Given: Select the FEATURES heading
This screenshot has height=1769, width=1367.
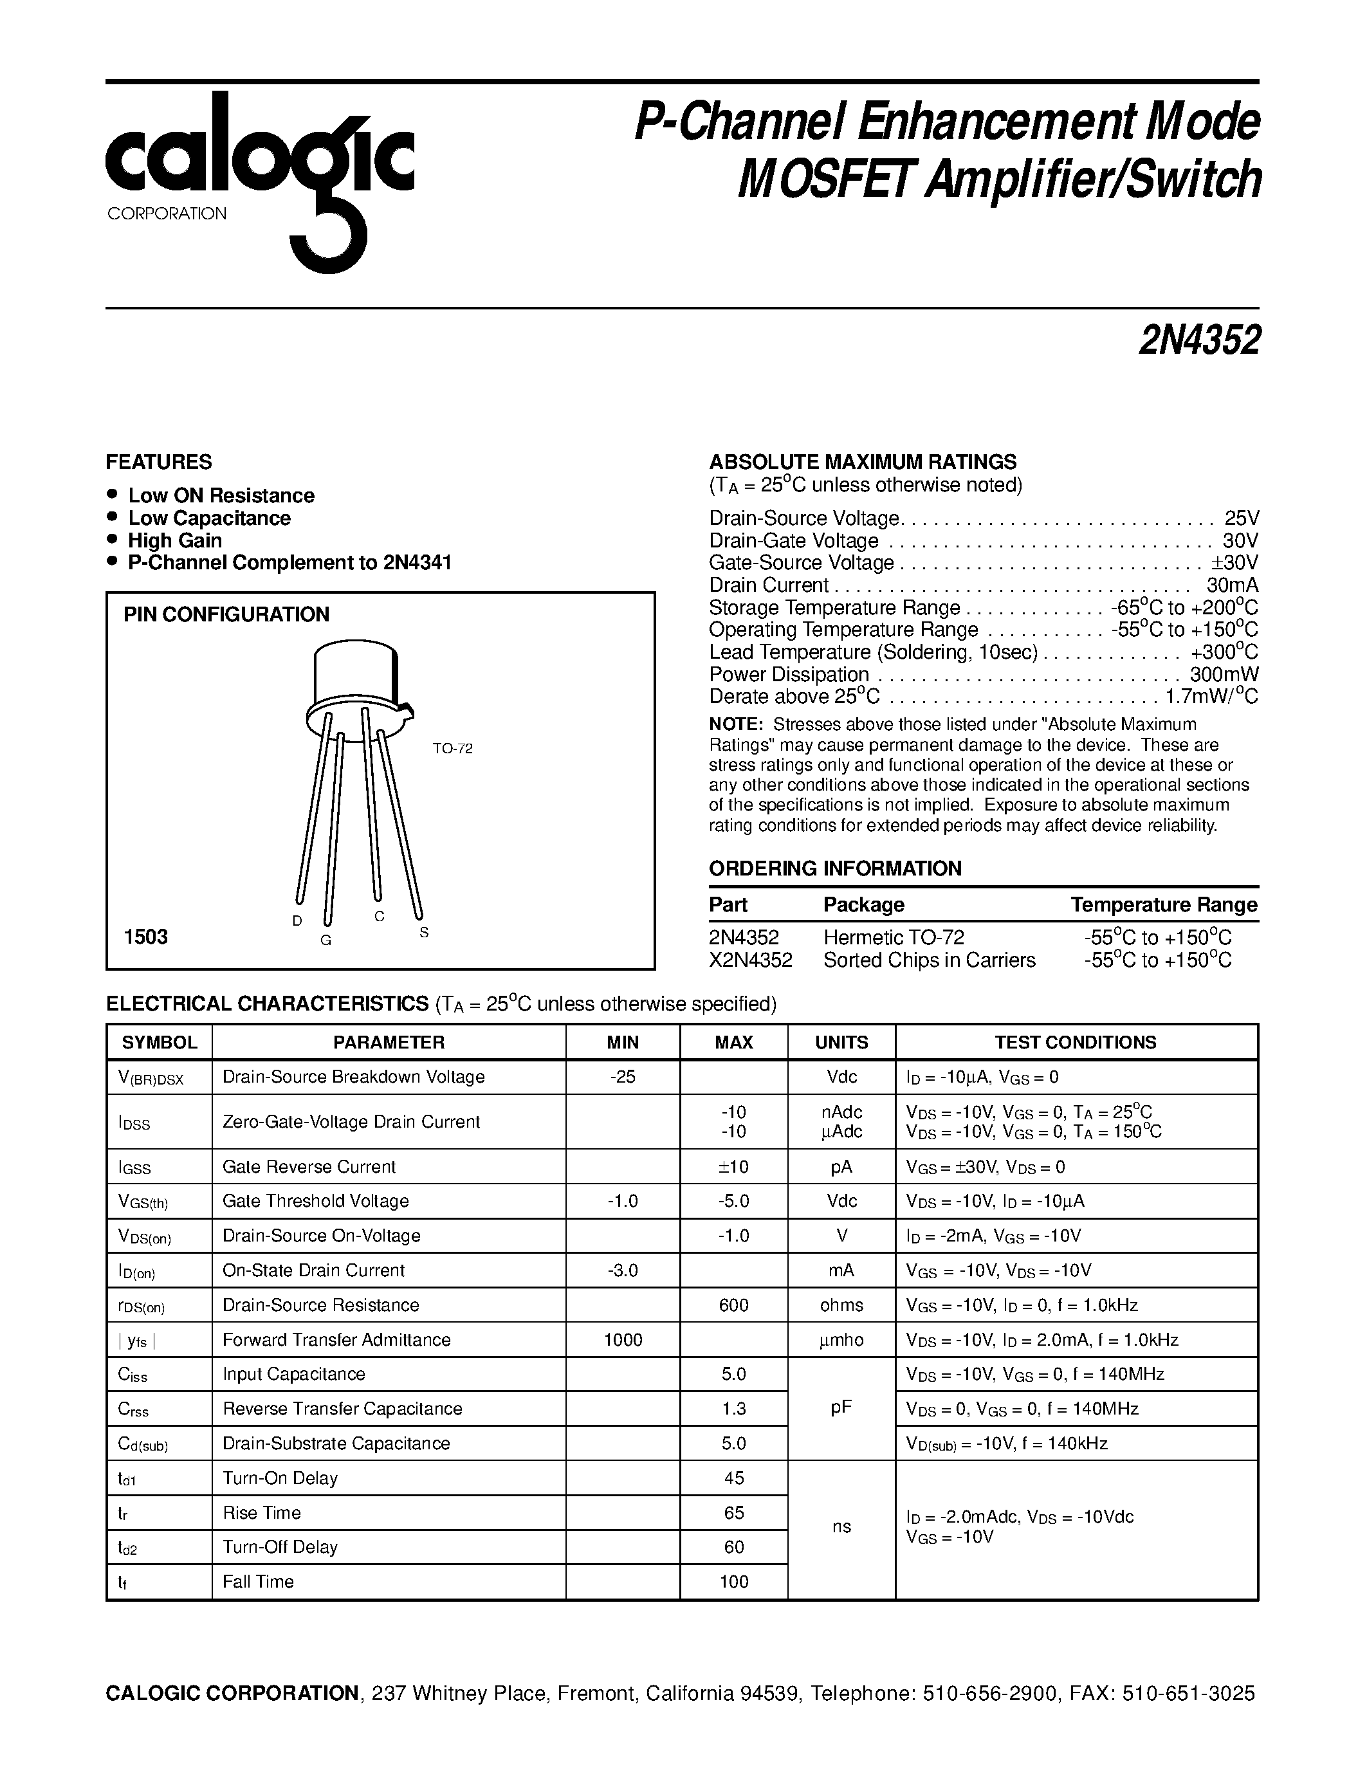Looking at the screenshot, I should tap(159, 462).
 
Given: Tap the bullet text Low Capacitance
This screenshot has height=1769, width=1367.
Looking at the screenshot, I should tap(209, 518).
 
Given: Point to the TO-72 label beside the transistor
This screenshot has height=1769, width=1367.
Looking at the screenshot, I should tap(452, 748).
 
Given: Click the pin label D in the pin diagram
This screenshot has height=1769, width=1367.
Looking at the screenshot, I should tap(297, 920).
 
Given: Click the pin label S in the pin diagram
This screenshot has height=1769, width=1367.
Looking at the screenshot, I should tap(423, 932).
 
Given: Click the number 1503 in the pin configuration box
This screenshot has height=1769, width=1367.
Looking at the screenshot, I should tap(146, 937).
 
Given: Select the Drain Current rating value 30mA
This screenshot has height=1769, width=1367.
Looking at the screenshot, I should tap(1233, 585).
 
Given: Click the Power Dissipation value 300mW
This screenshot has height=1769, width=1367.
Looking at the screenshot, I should tap(1224, 674).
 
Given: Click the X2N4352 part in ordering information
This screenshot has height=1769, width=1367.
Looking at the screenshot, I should tap(751, 960).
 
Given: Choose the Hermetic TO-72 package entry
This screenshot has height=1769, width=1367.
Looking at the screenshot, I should tap(894, 937).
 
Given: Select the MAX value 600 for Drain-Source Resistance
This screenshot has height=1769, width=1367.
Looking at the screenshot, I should tap(734, 1305).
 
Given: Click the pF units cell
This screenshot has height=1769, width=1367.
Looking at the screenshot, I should tap(841, 1407).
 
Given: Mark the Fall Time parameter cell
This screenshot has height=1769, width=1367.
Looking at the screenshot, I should tap(259, 1581).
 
